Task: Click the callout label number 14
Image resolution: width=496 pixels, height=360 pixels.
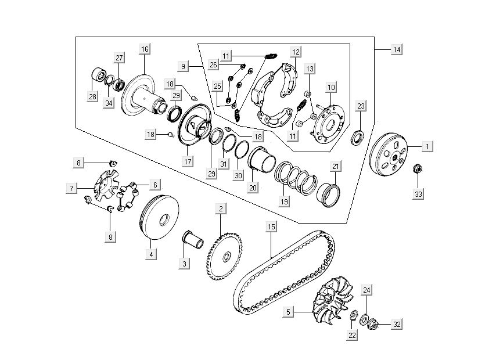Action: tap(396, 51)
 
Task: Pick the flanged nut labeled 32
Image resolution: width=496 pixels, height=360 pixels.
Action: tap(373, 324)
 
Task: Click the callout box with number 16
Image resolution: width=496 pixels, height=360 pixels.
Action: tap(145, 49)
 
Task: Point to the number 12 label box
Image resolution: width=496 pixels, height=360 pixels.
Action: tap(296, 52)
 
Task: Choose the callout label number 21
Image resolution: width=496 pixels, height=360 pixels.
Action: tap(336, 167)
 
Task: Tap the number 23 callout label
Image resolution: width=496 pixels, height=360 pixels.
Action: tap(361, 106)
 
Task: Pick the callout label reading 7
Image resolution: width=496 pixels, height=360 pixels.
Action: tap(71, 188)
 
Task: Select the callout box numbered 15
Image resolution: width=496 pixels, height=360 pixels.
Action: tap(271, 226)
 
